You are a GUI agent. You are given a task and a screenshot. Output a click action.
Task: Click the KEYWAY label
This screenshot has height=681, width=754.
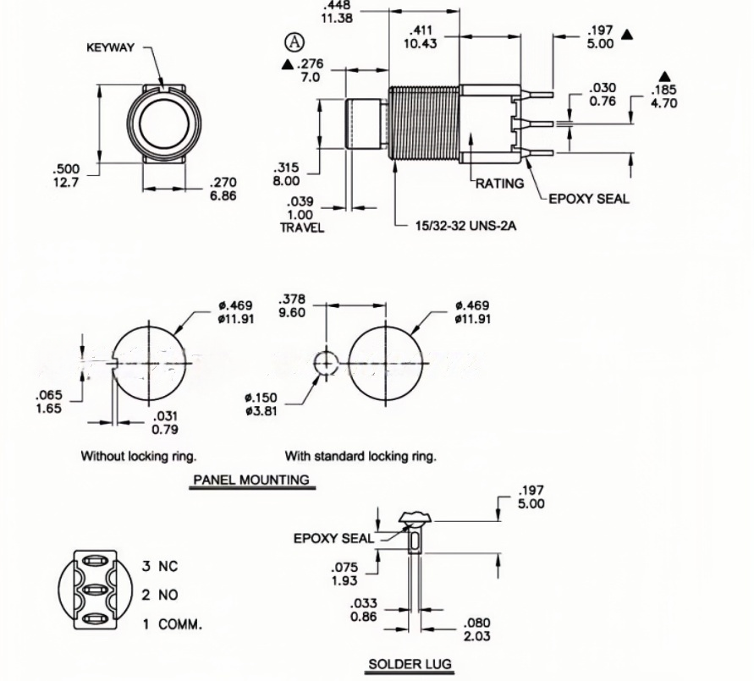pyautogui.click(x=110, y=47)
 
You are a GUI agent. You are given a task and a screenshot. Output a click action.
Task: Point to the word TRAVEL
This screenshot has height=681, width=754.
pyautogui.click(x=302, y=228)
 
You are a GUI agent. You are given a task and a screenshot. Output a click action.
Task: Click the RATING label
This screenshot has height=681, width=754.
pyautogui.click(x=499, y=184)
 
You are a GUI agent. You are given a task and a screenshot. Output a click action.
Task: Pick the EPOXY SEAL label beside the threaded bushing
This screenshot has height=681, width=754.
pyautogui.click(x=589, y=200)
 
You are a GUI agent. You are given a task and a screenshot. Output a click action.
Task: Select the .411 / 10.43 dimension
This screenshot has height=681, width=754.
pyautogui.click(x=421, y=37)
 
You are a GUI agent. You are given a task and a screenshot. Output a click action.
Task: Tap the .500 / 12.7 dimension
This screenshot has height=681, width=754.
pyautogui.click(x=64, y=175)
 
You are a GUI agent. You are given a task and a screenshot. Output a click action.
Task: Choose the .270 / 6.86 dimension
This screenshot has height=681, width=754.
pyautogui.click(x=223, y=189)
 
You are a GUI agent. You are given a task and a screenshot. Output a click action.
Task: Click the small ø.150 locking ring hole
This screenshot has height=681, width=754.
pyautogui.click(x=326, y=364)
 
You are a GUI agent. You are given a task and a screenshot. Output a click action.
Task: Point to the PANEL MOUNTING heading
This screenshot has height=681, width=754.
pyautogui.click(x=251, y=480)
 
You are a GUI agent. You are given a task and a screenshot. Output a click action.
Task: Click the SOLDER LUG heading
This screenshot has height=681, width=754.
pyautogui.click(x=410, y=664)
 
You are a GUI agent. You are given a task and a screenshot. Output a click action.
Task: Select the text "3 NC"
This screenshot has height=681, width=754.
pyautogui.click(x=160, y=566)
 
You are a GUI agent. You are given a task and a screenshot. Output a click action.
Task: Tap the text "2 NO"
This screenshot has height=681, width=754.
pyautogui.click(x=160, y=595)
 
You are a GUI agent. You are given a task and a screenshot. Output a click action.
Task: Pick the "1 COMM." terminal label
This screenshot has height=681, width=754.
pyautogui.click(x=172, y=624)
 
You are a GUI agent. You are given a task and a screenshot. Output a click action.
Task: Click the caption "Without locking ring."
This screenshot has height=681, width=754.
pyautogui.click(x=139, y=456)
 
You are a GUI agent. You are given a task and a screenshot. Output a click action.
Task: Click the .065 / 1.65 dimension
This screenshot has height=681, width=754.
pyautogui.click(x=49, y=402)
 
